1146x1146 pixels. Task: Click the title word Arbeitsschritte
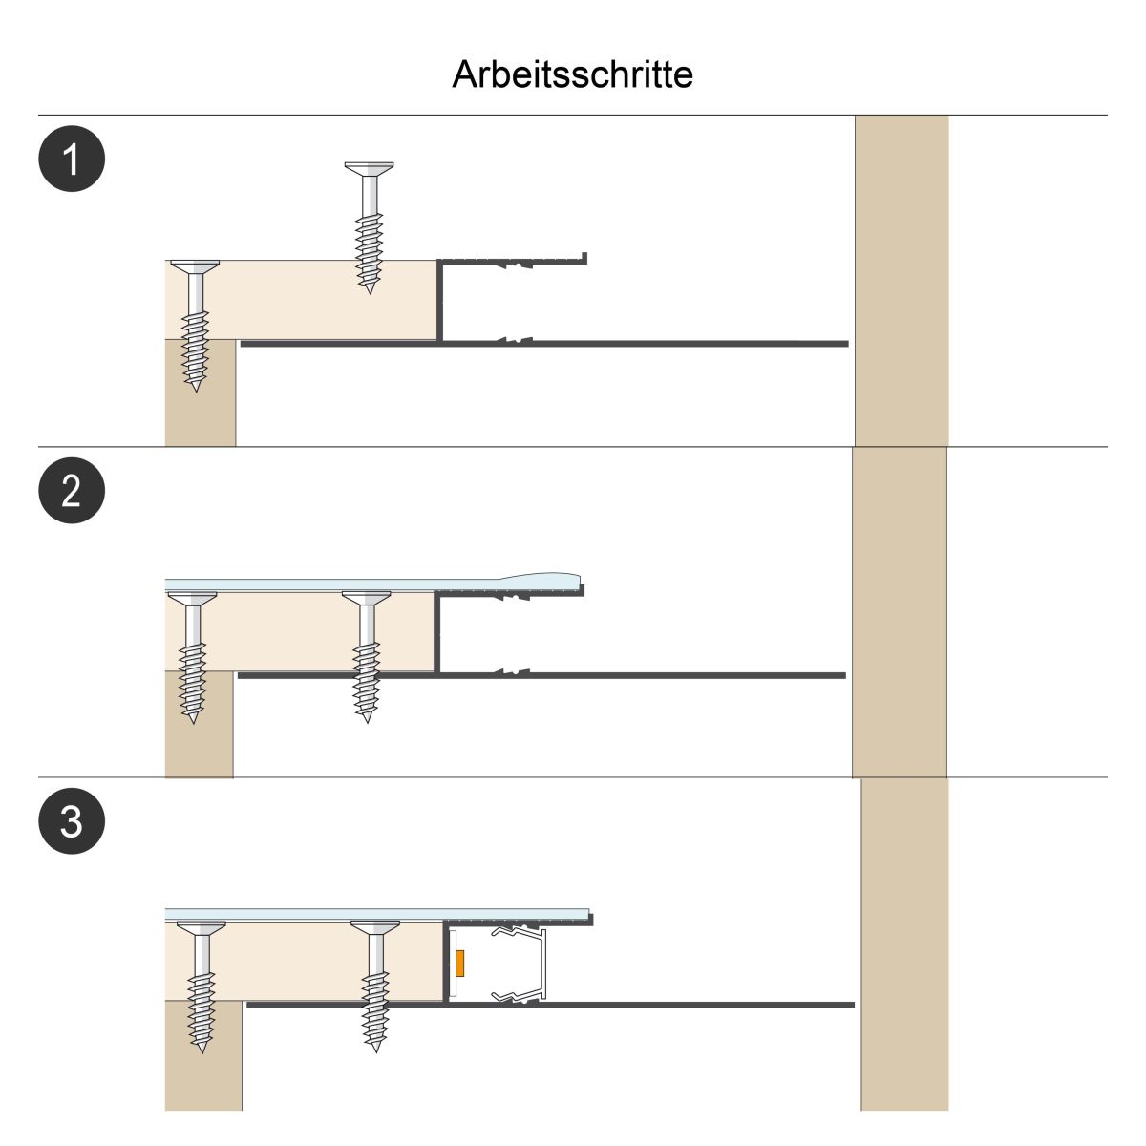point(572,74)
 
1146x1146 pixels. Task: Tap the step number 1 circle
point(72,159)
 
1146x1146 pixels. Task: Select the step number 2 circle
point(72,491)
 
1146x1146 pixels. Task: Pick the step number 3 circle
point(72,821)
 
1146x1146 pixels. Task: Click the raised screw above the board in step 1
point(369,225)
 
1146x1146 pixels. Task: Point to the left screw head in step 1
point(194,265)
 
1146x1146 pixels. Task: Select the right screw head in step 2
point(366,599)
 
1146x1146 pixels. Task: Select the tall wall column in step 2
point(899,611)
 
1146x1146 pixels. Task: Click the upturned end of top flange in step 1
point(584,258)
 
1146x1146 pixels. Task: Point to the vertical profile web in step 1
point(440,301)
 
